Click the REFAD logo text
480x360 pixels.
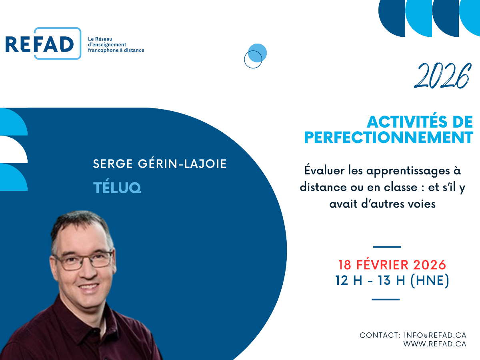(40, 44)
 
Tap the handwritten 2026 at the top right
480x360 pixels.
(442, 76)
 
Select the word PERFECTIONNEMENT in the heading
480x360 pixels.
(388, 138)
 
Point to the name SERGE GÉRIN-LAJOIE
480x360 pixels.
(160, 164)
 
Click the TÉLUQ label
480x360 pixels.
(117, 188)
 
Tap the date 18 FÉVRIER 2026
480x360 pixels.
(392, 265)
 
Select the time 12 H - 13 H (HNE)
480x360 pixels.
(392, 280)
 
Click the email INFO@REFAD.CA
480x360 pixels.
(435, 335)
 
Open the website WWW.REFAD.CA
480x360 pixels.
(435, 344)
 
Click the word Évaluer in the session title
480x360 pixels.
(324, 170)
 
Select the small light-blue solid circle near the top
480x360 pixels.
(257, 53)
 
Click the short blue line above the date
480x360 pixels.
(387, 247)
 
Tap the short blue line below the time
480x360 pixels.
(386, 300)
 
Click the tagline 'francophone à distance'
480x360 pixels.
(116, 50)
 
